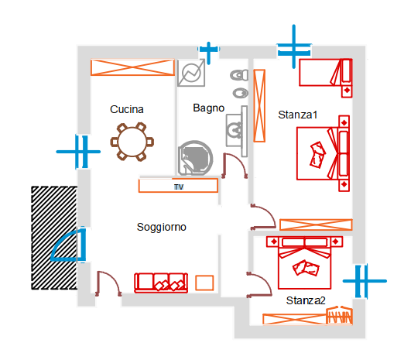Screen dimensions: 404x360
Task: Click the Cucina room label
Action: click(x=127, y=109)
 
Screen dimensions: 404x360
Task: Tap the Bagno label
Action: click(x=209, y=108)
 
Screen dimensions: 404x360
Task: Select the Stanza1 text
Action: click(x=298, y=115)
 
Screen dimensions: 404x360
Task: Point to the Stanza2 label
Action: click(x=306, y=300)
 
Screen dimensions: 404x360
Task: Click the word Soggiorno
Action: click(x=162, y=227)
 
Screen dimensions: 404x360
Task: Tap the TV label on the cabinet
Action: click(x=179, y=187)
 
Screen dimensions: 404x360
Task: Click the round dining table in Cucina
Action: click(x=132, y=142)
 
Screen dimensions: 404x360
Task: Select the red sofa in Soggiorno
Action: click(x=161, y=283)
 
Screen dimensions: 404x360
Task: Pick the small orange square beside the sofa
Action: click(x=204, y=283)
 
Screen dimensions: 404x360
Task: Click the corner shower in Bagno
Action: click(x=195, y=158)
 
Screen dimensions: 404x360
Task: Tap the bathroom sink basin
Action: click(x=235, y=129)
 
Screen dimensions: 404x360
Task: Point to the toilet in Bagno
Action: click(x=239, y=75)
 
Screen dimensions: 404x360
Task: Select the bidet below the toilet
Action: click(x=241, y=93)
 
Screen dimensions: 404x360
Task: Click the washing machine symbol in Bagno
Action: click(x=191, y=73)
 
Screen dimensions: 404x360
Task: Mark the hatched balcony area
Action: click(x=54, y=238)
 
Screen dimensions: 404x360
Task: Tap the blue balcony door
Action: click(x=67, y=245)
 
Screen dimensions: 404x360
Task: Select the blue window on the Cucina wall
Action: click(x=78, y=152)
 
